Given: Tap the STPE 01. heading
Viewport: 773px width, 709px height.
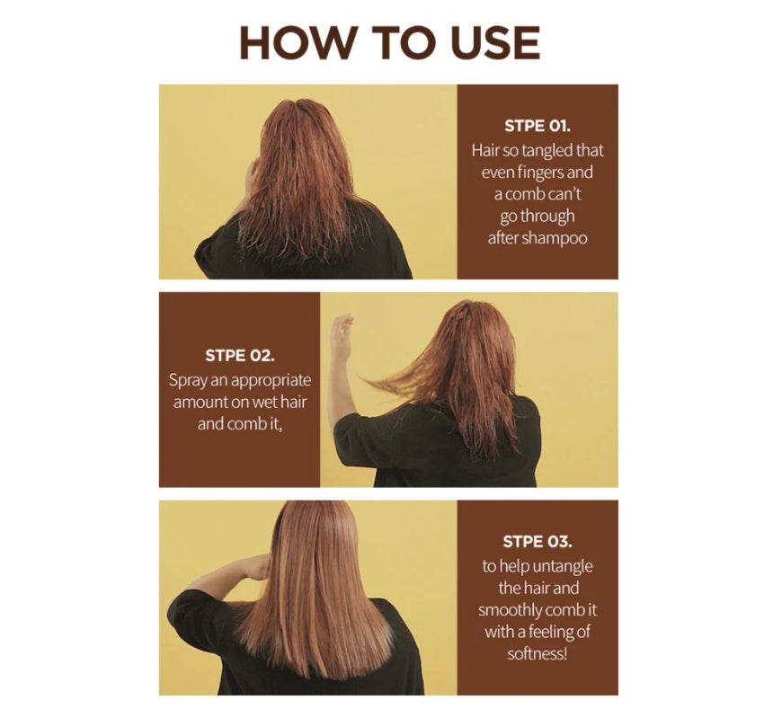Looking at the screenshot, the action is pyautogui.click(x=538, y=126).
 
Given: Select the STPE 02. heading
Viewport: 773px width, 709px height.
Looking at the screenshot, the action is pyautogui.click(x=240, y=355).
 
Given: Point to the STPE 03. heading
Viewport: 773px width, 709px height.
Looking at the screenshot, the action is pyautogui.click(x=538, y=542).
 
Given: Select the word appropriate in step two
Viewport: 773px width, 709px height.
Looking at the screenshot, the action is pyautogui.click(x=271, y=381).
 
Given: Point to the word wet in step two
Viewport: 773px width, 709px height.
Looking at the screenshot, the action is pyautogui.click(x=265, y=402).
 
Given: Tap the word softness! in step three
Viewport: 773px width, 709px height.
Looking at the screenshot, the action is pyautogui.click(x=538, y=654).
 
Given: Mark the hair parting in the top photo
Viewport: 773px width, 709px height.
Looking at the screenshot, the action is pyautogui.click(x=302, y=110).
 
